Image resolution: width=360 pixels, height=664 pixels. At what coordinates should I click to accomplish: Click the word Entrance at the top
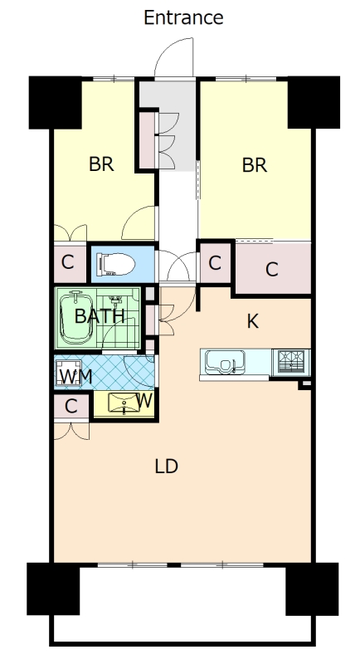tap(183, 17)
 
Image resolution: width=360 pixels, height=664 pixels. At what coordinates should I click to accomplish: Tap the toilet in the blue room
tap(115, 264)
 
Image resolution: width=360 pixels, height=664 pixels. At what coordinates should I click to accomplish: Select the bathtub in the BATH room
tap(76, 318)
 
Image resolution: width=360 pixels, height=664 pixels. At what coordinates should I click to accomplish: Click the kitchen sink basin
tap(225, 363)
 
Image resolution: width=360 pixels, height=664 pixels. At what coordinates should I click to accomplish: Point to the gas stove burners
tap(291, 362)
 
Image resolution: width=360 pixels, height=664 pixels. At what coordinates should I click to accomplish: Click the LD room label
tap(166, 466)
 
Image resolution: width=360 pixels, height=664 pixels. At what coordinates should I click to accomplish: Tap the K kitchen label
tap(252, 322)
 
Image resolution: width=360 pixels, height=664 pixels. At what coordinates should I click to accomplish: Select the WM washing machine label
tap(76, 377)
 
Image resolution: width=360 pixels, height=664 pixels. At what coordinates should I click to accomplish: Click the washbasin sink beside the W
tap(124, 403)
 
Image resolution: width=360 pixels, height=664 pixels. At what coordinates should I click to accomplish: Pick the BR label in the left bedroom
tap(101, 164)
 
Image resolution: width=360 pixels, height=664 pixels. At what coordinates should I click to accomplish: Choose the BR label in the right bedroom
tap(255, 165)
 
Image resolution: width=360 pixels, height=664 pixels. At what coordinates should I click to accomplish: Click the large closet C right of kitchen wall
tap(273, 268)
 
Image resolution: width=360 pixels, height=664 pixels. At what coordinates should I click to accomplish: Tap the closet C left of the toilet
tap(70, 262)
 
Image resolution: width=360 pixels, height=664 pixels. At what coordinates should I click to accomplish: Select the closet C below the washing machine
tap(71, 407)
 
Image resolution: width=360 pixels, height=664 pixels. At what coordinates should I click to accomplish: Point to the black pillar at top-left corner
tap(55, 102)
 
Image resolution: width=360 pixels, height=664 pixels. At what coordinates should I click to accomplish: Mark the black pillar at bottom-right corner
tap(312, 588)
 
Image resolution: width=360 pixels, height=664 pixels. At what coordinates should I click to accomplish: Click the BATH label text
tap(100, 316)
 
